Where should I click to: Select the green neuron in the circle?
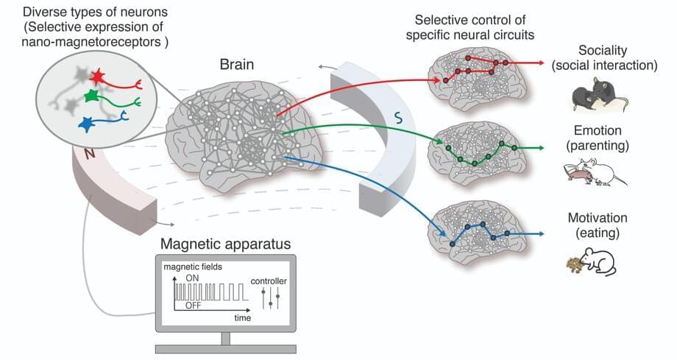[x=91, y=96]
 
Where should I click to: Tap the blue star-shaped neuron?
[x=87, y=124]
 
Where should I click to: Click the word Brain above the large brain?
[x=237, y=65]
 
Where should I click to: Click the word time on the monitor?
[x=242, y=318]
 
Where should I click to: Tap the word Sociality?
[x=603, y=50]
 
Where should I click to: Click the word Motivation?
[x=598, y=218]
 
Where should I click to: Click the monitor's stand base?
[x=225, y=347]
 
